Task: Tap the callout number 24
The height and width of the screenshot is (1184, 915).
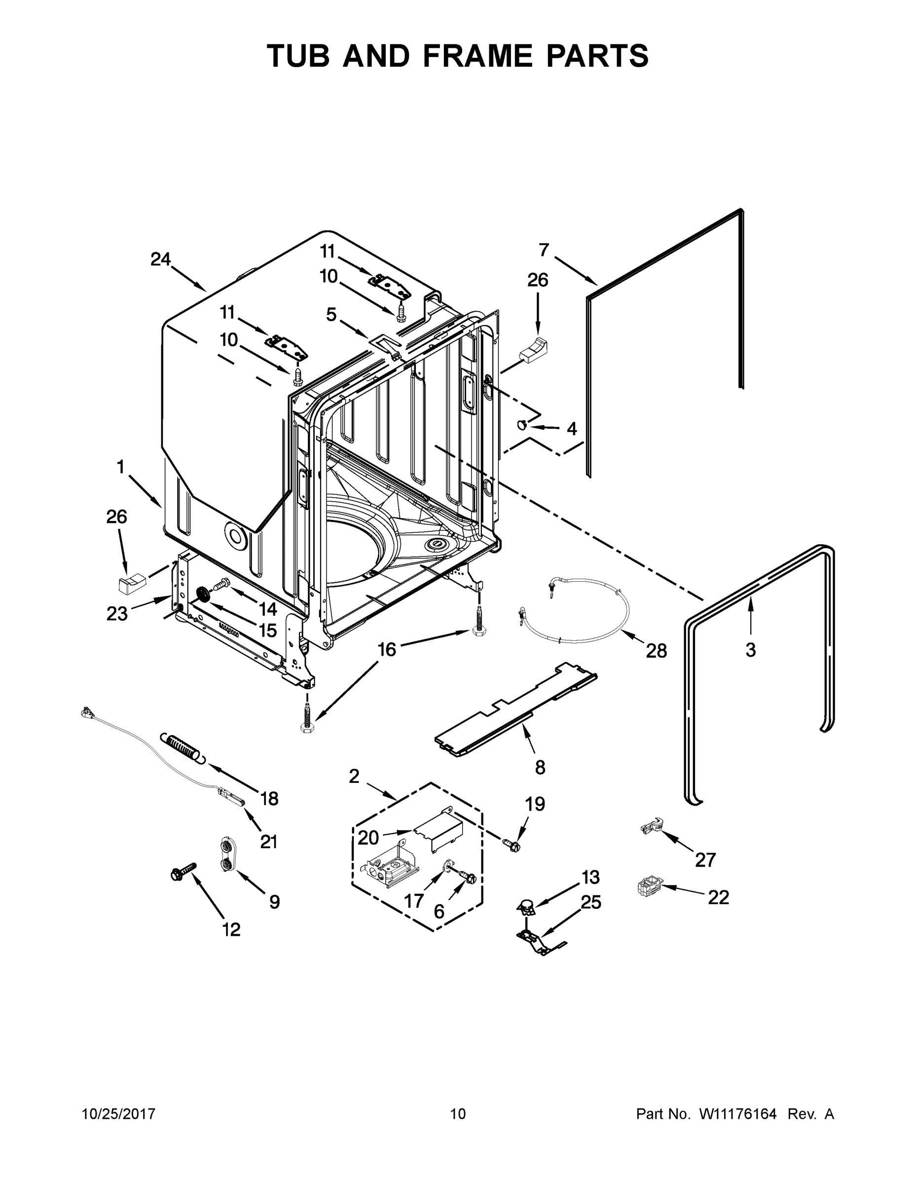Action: (160, 259)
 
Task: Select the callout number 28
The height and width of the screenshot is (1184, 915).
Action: (656, 651)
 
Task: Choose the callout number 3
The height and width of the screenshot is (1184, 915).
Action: (750, 649)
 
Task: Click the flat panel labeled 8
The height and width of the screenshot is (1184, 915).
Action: (515, 710)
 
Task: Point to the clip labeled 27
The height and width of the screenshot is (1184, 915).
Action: (652, 826)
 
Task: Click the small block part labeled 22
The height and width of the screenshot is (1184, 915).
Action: (650, 888)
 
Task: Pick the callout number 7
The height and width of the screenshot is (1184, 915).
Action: (544, 250)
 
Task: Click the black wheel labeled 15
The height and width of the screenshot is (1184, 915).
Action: (204, 594)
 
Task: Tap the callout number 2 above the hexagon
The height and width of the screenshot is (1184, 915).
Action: (354, 777)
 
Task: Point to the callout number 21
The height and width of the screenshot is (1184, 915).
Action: (269, 841)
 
